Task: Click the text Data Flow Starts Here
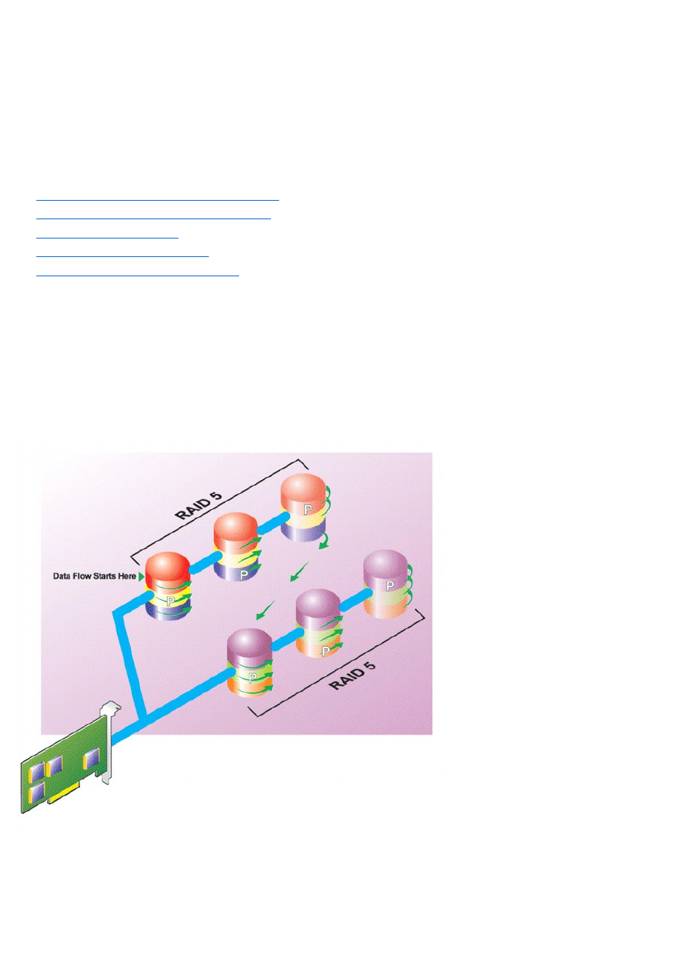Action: tap(94, 576)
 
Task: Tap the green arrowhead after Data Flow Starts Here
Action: tap(141, 576)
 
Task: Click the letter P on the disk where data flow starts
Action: tap(170, 601)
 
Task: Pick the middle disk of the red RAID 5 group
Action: tap(236, 547)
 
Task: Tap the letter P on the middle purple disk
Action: tap(325, 650)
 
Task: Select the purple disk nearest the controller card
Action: tap(250, 661)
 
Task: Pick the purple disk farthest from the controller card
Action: tap(387, 584)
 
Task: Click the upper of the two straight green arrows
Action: tap(299, 571)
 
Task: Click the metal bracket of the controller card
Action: tap(108, 741)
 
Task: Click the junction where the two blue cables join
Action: tap(142, 717)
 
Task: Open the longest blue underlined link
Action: tap(157, 199)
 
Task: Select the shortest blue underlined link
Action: tap(107, 237)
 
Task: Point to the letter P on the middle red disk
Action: tap(243, 574)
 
